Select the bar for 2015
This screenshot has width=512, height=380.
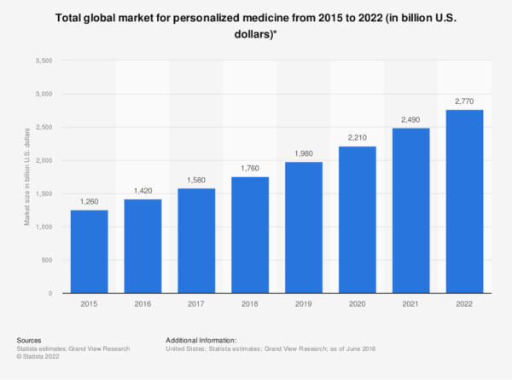click(89, 251)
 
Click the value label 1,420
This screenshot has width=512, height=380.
click(143, 192)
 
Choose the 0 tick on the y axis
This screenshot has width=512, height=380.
click(51, 293)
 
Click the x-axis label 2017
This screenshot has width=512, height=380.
click(196, 303)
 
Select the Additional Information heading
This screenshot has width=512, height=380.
click(201, 339)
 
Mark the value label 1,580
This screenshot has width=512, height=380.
click(196, 181)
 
